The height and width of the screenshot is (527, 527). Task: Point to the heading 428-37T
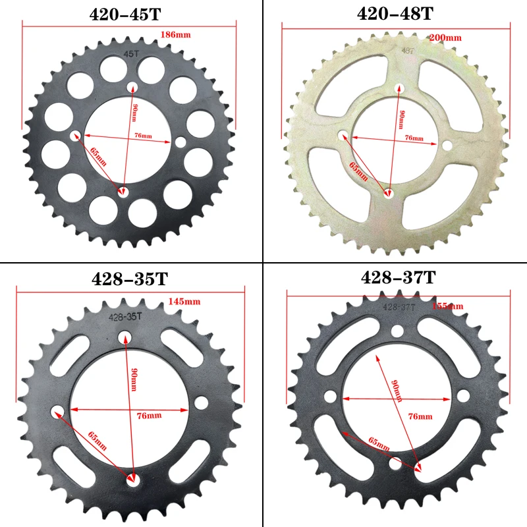[398, 278]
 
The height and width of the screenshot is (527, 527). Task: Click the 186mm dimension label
[172, 34]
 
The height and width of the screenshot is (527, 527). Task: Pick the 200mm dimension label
[445, 38]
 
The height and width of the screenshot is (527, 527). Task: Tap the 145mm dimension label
[184, 301]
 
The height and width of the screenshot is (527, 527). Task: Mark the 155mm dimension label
[448, 306]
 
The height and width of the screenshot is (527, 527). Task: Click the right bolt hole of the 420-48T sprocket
[447, 146]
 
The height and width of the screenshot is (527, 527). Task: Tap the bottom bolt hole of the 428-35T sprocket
[134, 480]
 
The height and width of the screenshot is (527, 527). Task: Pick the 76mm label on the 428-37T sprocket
[420, 416]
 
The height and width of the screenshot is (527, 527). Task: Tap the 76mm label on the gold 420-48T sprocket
[414, 138]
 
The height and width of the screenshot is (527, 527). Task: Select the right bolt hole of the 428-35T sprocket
[201, 401]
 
